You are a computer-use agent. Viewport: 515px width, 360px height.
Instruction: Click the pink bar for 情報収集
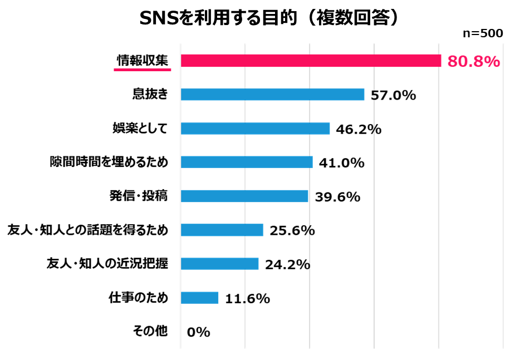311,61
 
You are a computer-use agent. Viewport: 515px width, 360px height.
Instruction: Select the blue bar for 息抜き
272,95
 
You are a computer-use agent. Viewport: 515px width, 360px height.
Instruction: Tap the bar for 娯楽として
255,129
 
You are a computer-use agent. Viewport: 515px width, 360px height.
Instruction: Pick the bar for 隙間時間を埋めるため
247,162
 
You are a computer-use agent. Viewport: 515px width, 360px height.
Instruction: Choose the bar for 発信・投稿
244,196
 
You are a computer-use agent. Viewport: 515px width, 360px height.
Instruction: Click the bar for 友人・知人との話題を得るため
222,230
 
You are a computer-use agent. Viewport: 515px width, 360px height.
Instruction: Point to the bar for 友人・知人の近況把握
219,264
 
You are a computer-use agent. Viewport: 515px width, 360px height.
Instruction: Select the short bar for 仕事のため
199,298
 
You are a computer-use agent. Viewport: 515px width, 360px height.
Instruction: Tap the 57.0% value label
394,95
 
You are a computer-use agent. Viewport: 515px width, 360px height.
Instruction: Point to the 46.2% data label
359,129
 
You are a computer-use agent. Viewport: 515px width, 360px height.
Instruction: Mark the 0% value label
199,332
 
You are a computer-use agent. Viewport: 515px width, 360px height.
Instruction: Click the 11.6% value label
247,298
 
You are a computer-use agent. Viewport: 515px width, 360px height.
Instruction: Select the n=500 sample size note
483,33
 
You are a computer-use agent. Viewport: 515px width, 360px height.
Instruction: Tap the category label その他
150,331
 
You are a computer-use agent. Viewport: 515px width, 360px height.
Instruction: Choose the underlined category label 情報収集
142,61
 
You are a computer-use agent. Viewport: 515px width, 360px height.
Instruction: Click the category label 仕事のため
138,298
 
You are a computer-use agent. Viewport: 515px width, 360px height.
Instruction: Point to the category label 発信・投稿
138,196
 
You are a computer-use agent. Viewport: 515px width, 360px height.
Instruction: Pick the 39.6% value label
337,196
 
